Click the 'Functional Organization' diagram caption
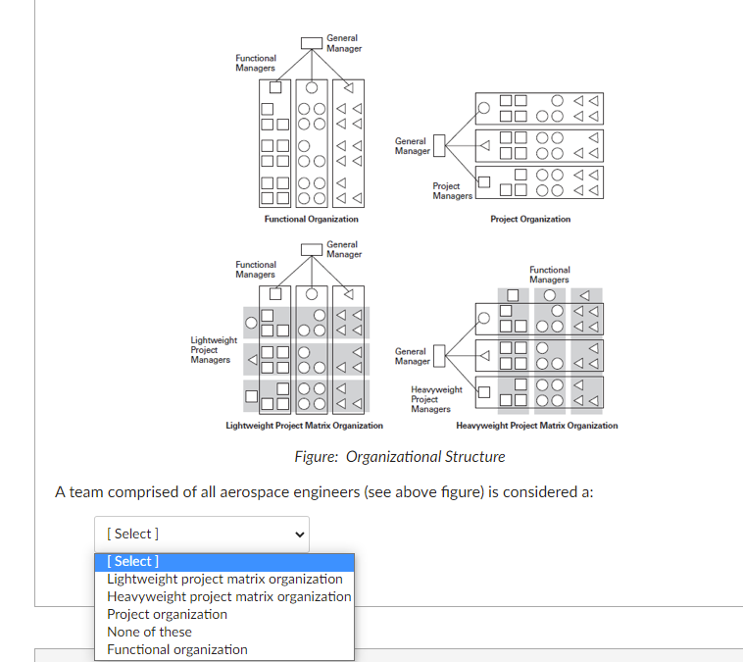(x=311, y=219)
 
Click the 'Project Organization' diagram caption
(x=529, y=219)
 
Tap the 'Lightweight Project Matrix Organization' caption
(x=304, y=426)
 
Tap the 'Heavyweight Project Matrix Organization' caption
(x=536, y=426)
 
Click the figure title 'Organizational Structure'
(x=400, y=457)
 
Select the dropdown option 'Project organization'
(x=167, y=614)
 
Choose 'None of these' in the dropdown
(x=149, y=632)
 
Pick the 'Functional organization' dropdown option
(x=176, y=649)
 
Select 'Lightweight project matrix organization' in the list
(x=224, y=579)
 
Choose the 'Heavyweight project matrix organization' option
(x=228, y=596)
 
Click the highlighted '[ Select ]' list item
(x=224, y=561)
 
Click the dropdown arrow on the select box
(x=299, y=535)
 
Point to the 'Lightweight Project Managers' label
(x=213, y=350)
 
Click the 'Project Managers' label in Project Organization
(x=452, y=191)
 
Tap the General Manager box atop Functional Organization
(x=311, y=43)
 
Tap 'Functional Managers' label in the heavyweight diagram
(x=549, y=275)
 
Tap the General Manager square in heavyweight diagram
(x=439, y=355)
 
